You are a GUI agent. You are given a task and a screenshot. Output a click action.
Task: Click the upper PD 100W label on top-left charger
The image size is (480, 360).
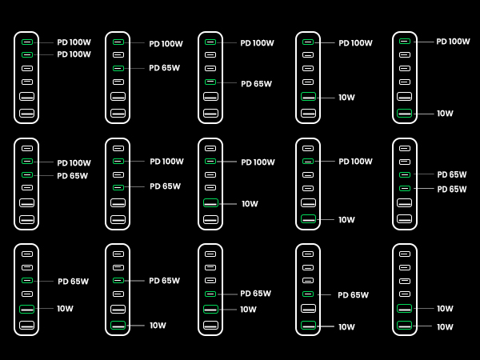pyautogui.click(x=74, y=42)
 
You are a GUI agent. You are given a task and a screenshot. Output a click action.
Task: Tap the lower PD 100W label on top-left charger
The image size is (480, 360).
pyautogui.click(x=74, y=54)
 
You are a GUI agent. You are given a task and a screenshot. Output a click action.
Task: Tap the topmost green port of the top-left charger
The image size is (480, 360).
pyautogui.click(x=27, y=41)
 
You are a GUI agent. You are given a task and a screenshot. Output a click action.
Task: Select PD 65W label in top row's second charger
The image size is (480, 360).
pyautogui.click(x=164, y=68)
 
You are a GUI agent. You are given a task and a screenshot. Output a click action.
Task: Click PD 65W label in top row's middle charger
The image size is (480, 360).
pyautogui.click(x=256, y=83)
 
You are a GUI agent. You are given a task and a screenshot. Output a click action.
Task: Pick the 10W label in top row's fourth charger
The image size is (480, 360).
pyautogui.click(x=346, y=98)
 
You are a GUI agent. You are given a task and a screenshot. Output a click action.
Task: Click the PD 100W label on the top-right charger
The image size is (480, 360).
pyautogui.click(x=453, y=42)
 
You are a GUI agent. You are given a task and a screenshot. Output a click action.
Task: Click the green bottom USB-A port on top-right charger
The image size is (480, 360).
pyautogui.click(x=404, y=114)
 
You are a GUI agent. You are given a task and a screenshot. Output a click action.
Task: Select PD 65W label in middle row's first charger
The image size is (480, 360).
pyautogui.click(x=72, y=175)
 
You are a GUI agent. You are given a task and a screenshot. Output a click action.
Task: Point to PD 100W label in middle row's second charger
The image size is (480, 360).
pyautogui.click(x=166, y=162)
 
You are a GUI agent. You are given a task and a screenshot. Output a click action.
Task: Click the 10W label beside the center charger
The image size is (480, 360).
pyautogui.click(x=250, y=204)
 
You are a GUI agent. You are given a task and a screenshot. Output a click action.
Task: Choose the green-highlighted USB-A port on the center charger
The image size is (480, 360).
pyautogui.click(x=210, y=203)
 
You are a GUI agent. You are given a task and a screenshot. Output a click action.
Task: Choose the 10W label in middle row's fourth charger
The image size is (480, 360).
pyautogui.click(x=346, y=219)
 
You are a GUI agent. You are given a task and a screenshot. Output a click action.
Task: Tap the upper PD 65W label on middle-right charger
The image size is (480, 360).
pyautogui.click(x=451, y=174)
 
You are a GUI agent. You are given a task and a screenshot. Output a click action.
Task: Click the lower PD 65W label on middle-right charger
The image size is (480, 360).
pyautogui.click(x=451, y=189)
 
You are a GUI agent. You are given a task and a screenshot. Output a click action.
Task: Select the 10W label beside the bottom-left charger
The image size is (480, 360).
pyautogui.click(x=65, y=309)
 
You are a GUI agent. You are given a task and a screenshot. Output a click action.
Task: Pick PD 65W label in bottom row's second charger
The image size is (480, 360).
pyautogui.click(x=164, y=281)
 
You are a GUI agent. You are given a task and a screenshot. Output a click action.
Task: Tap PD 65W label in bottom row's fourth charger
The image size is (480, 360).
pyautogui.click(x=353, y=294)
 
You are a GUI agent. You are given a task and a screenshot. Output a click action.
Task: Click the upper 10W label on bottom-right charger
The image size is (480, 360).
pyautogui.click(x=445, y=308)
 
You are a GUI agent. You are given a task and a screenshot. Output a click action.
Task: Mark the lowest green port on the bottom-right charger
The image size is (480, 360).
pyautogui.click(x=404, y=326)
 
